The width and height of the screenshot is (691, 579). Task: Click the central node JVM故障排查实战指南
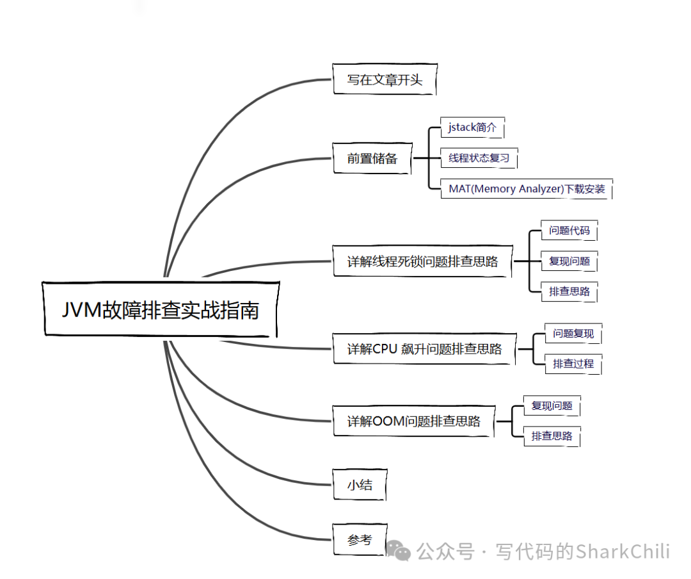pyautogui.click(x=161, y=309)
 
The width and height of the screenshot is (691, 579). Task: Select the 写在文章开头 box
pyautogui.click(x=385, y=80)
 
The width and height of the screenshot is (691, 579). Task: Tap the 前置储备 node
pyautogui.click(x=372, y=158)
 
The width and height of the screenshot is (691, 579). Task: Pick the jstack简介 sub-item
pyautogui.click(x=472, y=127)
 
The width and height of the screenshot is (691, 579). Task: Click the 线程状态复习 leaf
pyautogui.click(x=479, y=158)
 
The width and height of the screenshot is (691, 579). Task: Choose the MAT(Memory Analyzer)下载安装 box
pyautogui.click(x=527, y=189)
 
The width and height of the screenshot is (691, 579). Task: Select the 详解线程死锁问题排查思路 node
pyautogui.click(x=422, y=261)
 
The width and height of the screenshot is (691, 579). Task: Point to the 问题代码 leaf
pyautogui.click(x=569, y=231)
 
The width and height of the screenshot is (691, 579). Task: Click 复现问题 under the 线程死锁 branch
pyautogui.click(x=569, y=261)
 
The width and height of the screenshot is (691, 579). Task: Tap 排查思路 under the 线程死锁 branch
pyautogui.click(x=569, y=292)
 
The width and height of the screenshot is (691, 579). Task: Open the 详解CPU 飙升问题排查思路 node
pyautogui.click(x=424, y=349)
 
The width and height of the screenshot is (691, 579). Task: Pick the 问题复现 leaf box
pyautogui.click(x=573, y=334)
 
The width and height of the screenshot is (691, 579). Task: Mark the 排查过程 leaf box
pyautogui.click(x=573, y=364)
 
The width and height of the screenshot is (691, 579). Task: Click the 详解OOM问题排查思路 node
pyautogui.click(x=413, y=421)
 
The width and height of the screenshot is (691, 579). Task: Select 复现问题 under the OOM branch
pyautogui.click(x=552, y=406)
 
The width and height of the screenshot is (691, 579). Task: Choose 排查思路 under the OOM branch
pyautogui.click(x=552, y=437)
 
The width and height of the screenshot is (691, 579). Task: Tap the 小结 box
pyautogui.click(x=360, y=485)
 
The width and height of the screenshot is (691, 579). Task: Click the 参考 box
pyautogui.click(x=360, y=540)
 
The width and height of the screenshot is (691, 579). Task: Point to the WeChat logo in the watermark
pyautogui.click(x=399, y=551)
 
